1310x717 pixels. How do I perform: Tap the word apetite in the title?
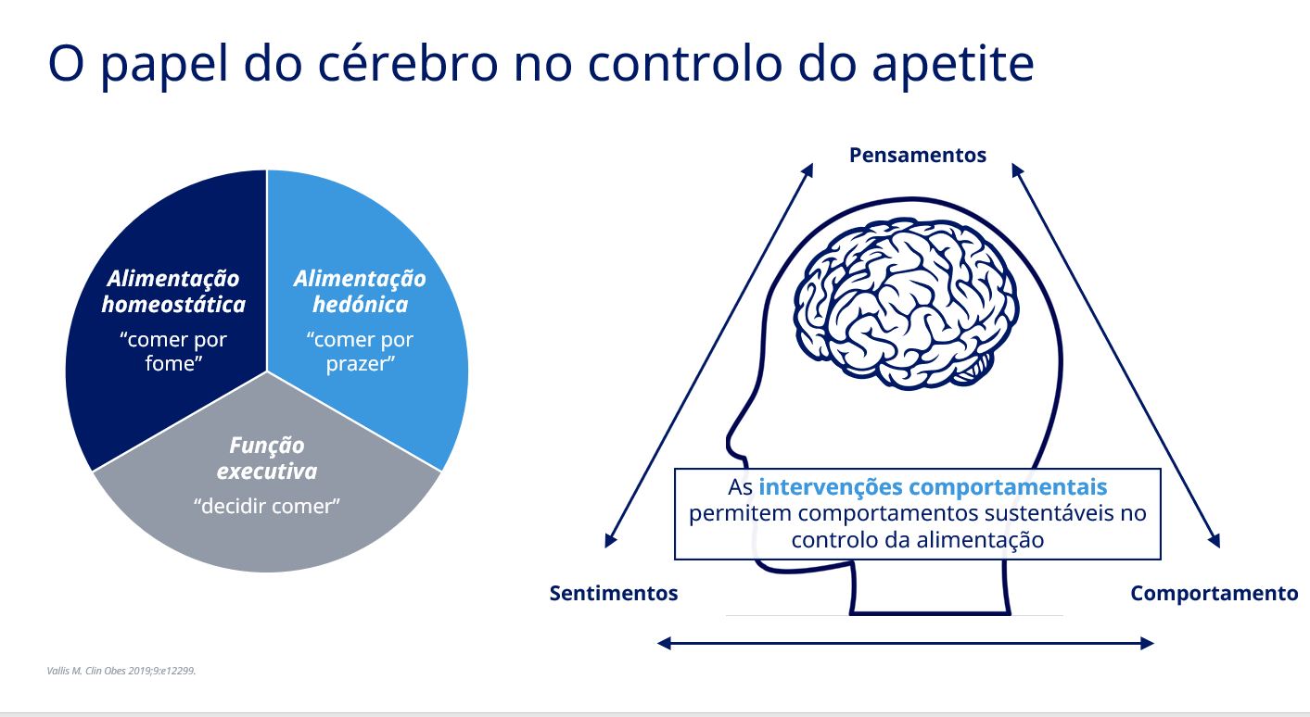click(x=953, y=66)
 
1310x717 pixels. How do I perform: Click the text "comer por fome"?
click(x=173, y=351)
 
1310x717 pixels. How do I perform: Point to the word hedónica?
click(x=361, y=305)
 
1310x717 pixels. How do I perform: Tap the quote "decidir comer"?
click(x=267, y=506)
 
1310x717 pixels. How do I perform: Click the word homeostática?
click(x=173, y=305)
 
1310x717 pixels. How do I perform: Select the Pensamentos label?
click(x=918, y=156)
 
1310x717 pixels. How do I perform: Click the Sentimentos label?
click(x=614, y=593)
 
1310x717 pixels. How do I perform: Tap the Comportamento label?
click(x=1215, y=593)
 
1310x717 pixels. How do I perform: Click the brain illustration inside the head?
click(x=905, y=304)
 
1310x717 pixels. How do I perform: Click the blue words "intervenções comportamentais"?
click(x=933, y=486)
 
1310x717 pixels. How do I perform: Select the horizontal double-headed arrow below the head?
click(x=905, y=644)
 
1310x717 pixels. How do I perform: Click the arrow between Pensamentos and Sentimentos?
click(x=709, y=356)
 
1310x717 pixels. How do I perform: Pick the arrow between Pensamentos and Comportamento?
click(x=1116, y=356)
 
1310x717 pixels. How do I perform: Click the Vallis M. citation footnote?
click(x=121, y=671)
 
